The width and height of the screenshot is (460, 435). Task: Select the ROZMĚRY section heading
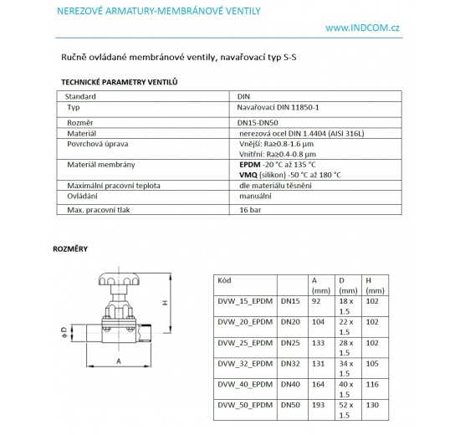click(70, 248)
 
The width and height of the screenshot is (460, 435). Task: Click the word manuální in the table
click(257, 194)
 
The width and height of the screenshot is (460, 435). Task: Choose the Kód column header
click(224, 280)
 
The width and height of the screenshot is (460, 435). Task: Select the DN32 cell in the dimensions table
click(291, 362)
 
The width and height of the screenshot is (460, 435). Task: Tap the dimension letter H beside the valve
click(166, 302)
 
